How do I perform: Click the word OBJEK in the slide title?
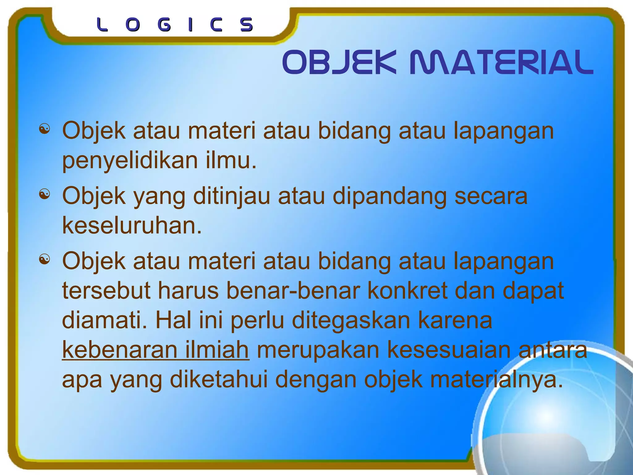[339, 63]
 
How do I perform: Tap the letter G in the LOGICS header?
[164, 25]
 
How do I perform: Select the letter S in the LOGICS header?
[247, 25]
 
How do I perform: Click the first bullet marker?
[45, 129]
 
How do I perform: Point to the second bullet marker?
[45, 195]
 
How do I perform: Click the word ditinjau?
[232, 196]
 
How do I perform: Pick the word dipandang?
[389, 196]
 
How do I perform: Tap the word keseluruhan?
[132, 225]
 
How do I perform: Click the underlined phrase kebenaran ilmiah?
[155, 350]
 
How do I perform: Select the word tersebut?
[106, 291]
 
